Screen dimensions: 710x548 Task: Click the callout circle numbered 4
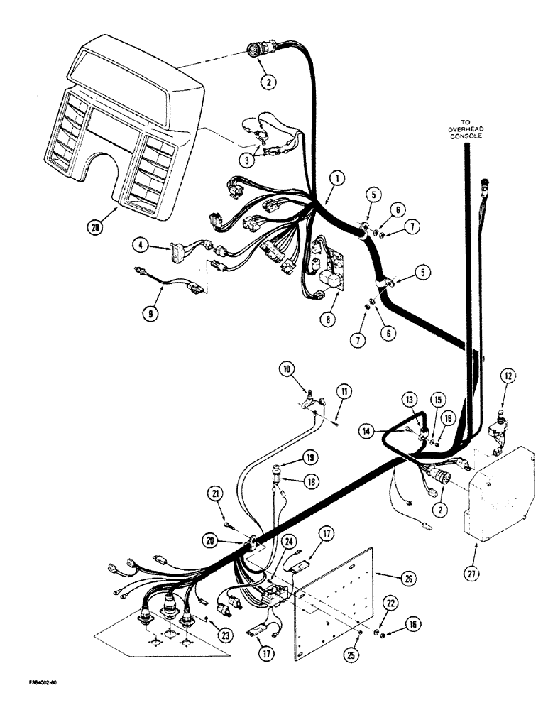[141, 246]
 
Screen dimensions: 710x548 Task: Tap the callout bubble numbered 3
[247, 160]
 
